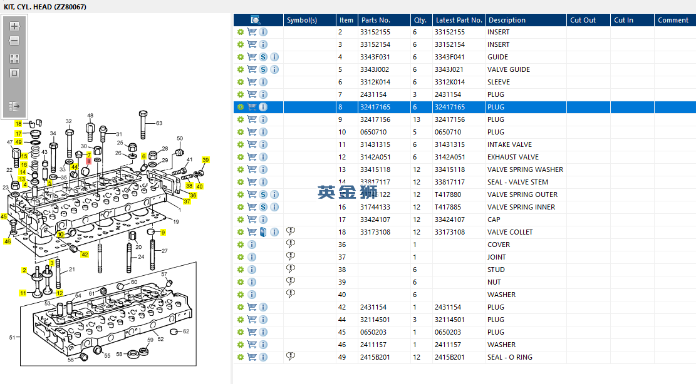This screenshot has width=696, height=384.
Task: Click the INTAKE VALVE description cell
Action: (509, 144)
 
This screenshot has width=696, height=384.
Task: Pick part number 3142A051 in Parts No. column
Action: (375, 157)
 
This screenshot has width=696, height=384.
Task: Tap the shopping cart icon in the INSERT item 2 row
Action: (252, 32)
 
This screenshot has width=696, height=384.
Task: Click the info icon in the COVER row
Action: (252, 245)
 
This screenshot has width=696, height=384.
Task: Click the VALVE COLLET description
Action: (509, 232)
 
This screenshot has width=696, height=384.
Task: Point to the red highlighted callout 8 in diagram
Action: (88, 161)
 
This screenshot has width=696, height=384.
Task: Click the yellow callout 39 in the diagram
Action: (205, 160)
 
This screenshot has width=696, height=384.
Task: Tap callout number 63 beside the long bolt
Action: (159, 123)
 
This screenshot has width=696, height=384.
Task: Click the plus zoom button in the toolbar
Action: (14, 26)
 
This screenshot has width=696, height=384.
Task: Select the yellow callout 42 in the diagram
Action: (85, 255)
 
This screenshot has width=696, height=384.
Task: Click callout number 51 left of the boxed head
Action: (12, 338)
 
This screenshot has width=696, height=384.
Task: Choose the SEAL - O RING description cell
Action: (509, 357)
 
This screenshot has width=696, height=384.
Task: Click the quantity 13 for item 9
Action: (417, 119)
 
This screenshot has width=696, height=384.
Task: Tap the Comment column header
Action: (673, 20)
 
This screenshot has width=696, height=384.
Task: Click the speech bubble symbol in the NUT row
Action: (291, 281)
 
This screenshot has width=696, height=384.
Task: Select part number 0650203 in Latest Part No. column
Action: (448, 332)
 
